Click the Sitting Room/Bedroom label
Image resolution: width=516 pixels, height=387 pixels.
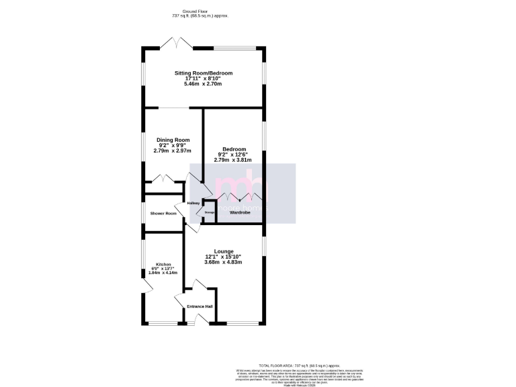pyautogui.click(x=203, y=73)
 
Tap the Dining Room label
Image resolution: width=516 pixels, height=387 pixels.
pyautogui.click(x=173, y=140)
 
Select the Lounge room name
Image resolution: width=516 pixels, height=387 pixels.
pyautogui.click(x=223, y=251)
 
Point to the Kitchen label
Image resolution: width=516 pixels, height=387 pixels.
pyautogui.click(x=163, y=264)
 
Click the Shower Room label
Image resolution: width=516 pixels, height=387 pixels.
pyautogui.click(x=163, y=214)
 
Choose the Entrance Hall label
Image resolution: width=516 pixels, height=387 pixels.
pyautogui.click(x=200, y=307)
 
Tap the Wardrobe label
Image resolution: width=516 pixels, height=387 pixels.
pyautogui.click(x=240, y=212)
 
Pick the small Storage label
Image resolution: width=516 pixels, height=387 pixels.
pyautogui.click(x=209, y=212)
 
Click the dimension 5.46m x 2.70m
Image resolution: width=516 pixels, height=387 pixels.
pyautogui.click(x=203, y=84)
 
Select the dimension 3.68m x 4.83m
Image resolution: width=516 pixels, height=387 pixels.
pyautogui.click(x=223, y=262)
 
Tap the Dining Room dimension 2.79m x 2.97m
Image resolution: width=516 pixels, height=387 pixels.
pyautogui.click(x=173, y=151)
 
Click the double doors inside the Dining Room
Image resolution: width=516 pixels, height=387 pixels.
pyautogui.click(x=163, y=179)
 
